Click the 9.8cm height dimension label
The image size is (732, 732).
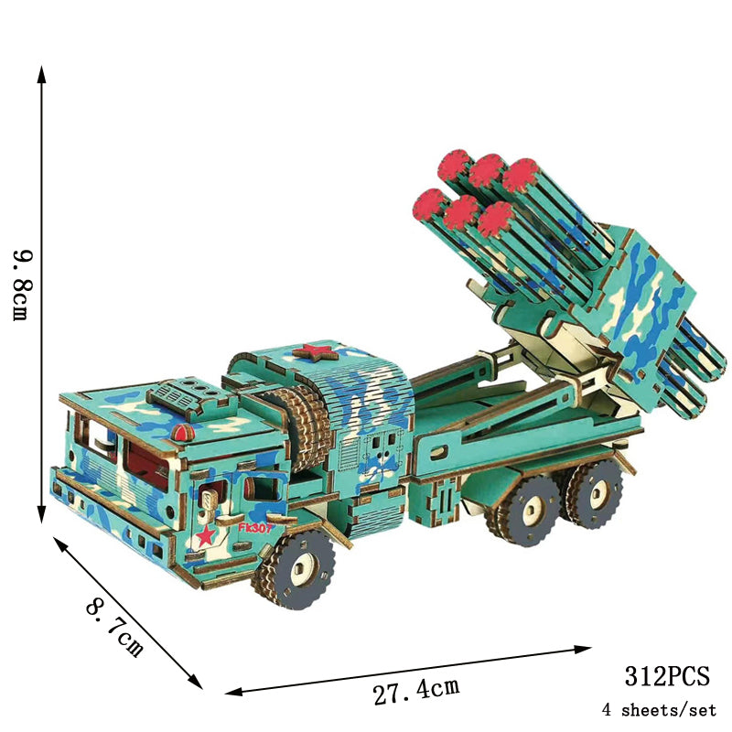click(22, 285)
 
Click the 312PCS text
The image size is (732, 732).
click(667, 675)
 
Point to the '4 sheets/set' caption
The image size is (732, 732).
click(659, 710)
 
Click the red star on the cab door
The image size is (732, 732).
click(206, 535)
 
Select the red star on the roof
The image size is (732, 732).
click(316, 352)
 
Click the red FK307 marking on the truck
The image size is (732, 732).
click(254, 528)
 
